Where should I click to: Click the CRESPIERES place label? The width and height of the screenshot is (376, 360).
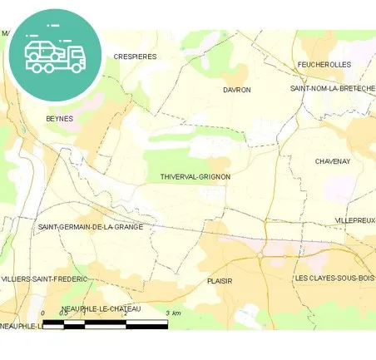click(135, 57)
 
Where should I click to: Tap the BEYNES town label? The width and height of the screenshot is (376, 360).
click(60, 119)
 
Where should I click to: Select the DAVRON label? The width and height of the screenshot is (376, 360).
click(236, 90)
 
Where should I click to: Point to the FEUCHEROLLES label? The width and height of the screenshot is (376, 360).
click(324, 64)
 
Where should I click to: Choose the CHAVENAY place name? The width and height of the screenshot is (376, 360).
click(333, 161)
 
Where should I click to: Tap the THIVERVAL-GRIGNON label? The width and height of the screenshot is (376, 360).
click(195, 177)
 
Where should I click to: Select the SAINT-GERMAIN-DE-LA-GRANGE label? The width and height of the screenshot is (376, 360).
click(91, 226)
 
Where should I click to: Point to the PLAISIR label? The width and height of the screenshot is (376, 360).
click(220, 281)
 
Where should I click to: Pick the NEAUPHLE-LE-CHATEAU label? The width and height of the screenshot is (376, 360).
click(101, 308)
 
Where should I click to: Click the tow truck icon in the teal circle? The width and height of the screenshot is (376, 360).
click(55, 54)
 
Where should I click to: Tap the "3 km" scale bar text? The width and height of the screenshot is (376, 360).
click(173, 313)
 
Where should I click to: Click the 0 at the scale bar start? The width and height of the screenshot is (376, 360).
click(42, 313)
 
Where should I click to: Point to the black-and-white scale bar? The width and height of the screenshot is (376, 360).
click(105, 323)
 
